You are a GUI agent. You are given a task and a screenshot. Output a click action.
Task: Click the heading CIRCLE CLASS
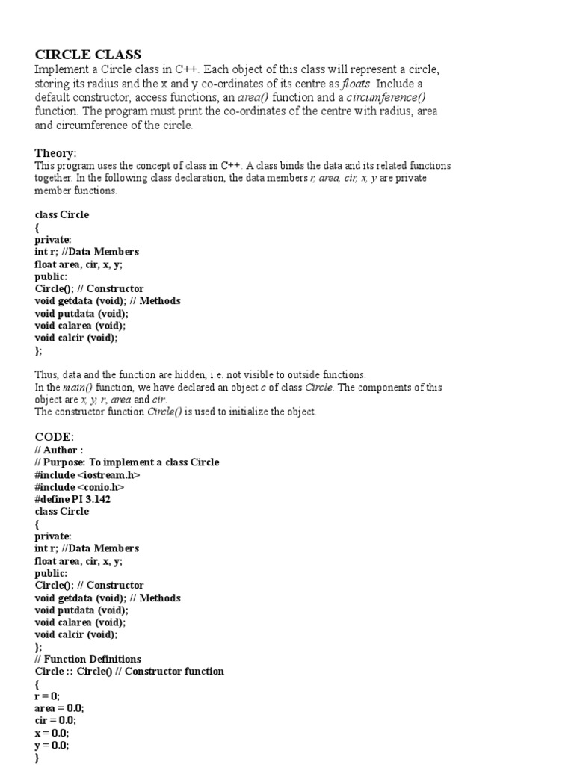click(x=88, y=55)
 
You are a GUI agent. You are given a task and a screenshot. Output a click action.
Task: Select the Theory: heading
click(x=55, y=153)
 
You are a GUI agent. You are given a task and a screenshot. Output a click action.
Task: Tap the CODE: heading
click(x=55, y=436)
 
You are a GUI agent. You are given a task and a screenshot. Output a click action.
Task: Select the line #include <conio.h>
click(x=79, y=487)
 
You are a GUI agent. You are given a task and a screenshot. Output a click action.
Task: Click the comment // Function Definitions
click(x=87, y=659)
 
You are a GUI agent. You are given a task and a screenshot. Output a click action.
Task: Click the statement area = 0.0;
click(x=59, y=708)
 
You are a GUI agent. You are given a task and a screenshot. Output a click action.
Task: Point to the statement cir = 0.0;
click(x=55, y=720)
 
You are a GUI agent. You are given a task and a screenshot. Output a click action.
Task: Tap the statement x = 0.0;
click(x=52, y=733)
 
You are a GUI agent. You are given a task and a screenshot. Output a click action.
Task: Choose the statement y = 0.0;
click(x=52, y=745)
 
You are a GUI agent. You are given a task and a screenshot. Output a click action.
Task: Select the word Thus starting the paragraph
click(x=46, y=374)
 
